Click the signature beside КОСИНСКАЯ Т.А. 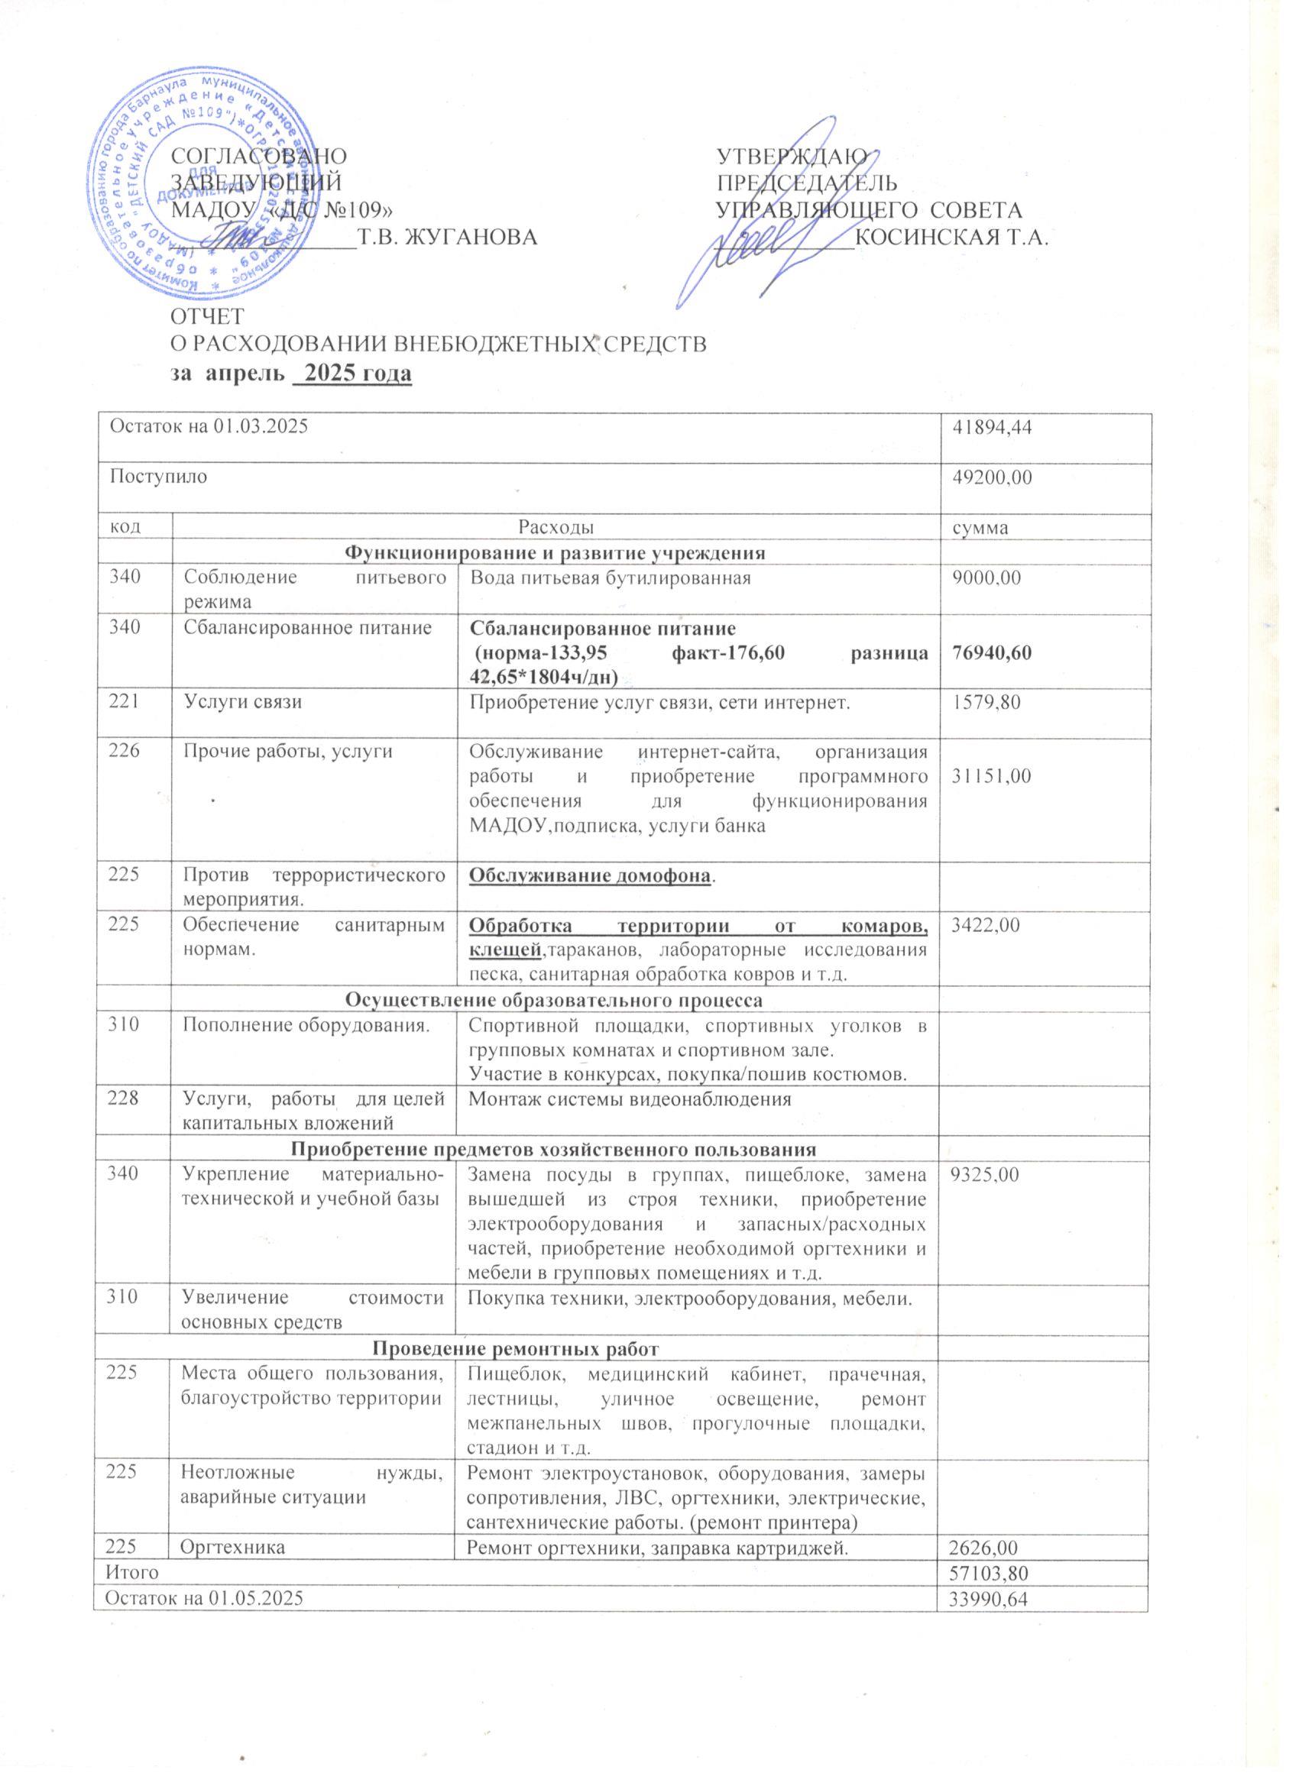click(776, 228)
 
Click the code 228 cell click(127, 1098)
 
